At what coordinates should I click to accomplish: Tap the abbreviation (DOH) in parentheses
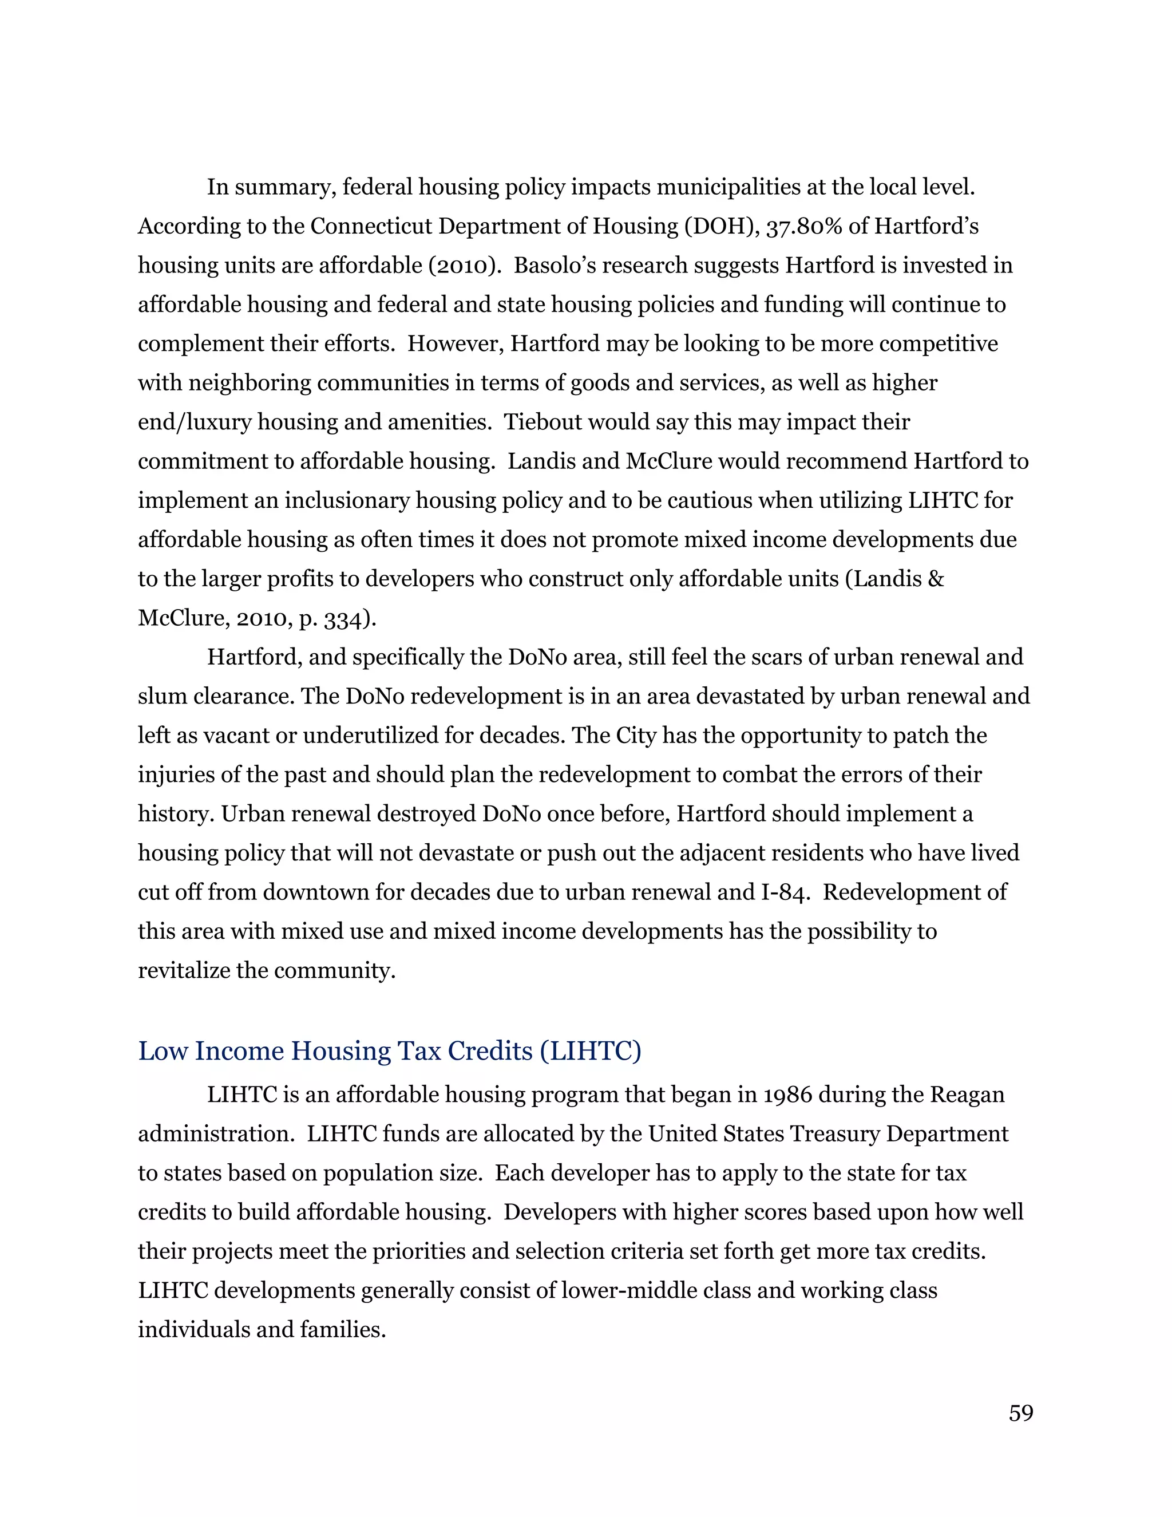[x=720, y=227]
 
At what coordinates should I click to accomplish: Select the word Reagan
[x=967, y=1095]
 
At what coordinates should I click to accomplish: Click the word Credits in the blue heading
[x=489, y=1052]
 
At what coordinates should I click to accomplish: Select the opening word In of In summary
[x=217, y=188]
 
